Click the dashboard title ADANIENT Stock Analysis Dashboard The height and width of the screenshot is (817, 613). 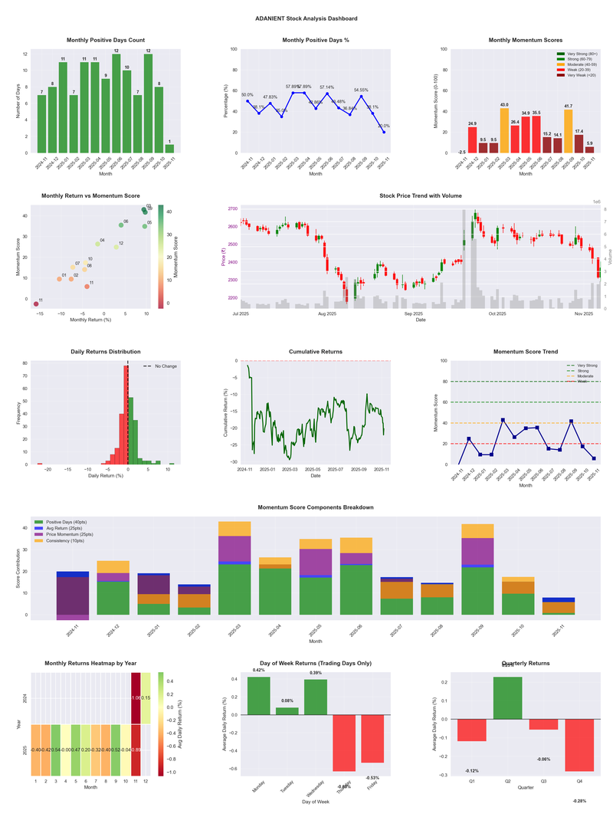pyautogui.click(x=306, y=18)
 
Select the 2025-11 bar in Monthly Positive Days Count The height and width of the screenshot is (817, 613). pyautogui.click(x=169, y=149)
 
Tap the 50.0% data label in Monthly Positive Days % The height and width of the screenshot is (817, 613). pyautogui.click(x=247, y=95)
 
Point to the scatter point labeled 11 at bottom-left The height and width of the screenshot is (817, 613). pyautogui.click(x=35, y=304)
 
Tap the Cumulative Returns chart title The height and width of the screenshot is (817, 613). pyautogui.click(x=316, y=352)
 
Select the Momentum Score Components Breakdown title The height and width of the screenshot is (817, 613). pyautogui.click(x=316, y=508)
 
